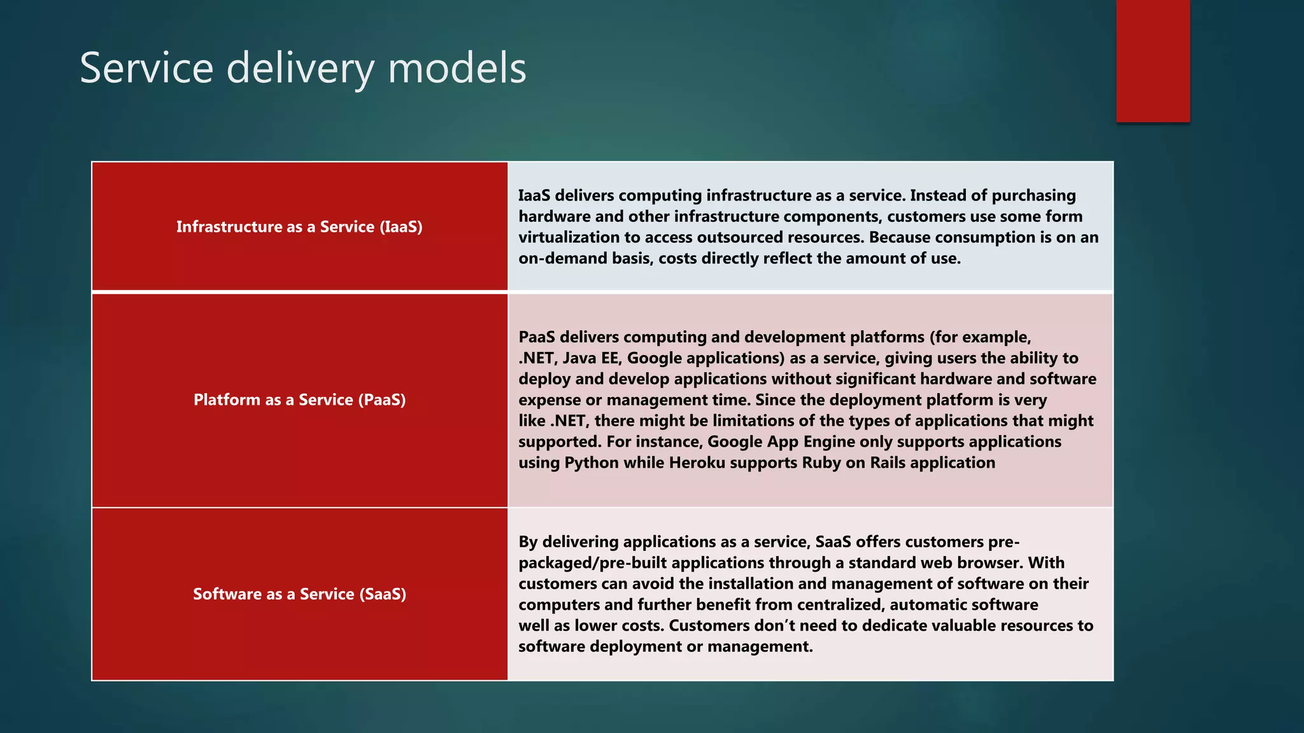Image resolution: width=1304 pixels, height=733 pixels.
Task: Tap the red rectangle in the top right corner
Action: pos(1152,60)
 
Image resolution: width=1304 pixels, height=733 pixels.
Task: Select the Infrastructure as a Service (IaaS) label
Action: pos(299,227)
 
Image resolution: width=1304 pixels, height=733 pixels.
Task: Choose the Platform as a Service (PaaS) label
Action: pos(299,400)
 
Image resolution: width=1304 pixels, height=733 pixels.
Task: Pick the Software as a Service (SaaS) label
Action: pos(299,594)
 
